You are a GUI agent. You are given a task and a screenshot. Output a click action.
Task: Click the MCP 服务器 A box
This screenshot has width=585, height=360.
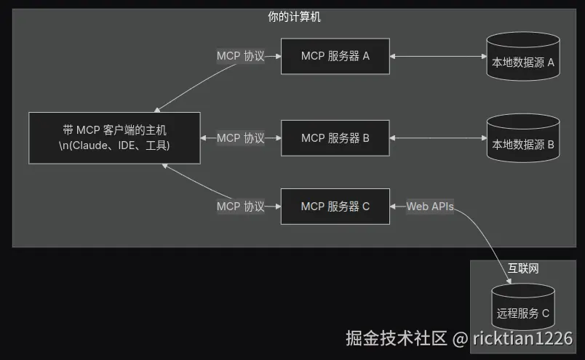335,56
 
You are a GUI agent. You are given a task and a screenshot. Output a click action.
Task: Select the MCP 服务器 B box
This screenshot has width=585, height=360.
335,138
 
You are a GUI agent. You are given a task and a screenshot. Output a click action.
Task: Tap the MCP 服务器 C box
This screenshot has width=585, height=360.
335,207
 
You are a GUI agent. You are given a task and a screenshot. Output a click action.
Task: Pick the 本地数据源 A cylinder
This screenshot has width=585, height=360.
522,59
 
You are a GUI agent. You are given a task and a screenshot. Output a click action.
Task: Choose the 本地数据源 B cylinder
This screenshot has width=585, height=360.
522,140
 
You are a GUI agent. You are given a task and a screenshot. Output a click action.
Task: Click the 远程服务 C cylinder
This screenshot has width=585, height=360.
522,309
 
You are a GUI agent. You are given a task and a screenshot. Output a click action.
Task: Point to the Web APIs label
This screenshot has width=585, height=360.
430,207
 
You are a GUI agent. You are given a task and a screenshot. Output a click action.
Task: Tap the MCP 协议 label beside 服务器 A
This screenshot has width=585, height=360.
240,56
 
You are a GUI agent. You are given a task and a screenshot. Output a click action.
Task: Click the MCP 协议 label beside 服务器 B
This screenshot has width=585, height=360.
240,138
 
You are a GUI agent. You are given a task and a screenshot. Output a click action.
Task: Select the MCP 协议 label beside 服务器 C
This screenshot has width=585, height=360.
240,207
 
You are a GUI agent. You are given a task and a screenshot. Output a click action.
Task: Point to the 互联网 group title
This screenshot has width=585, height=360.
522,268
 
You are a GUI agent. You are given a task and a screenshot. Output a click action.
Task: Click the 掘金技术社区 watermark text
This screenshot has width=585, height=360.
396,338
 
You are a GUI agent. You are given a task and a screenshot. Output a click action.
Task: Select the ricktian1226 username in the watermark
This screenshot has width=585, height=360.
522,339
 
